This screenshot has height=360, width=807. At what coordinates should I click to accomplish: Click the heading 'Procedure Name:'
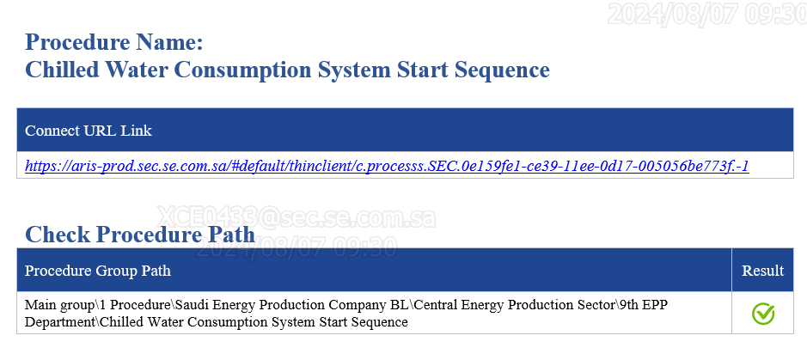114,42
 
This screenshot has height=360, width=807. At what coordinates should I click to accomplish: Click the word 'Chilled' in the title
62,70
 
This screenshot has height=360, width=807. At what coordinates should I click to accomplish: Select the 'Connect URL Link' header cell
88,131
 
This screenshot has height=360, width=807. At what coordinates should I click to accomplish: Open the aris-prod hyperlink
387,166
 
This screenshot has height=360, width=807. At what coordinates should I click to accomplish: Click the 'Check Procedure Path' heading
139,235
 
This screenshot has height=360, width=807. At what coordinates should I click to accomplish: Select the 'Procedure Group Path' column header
98,271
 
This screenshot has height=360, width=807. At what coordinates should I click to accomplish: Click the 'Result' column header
762,271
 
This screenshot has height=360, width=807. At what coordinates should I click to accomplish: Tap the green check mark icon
762,314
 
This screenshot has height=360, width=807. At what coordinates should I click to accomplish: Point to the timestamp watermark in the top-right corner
707,14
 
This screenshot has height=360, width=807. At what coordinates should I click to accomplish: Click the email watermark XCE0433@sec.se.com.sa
296,217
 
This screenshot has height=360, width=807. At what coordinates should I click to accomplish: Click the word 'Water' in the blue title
137,70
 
